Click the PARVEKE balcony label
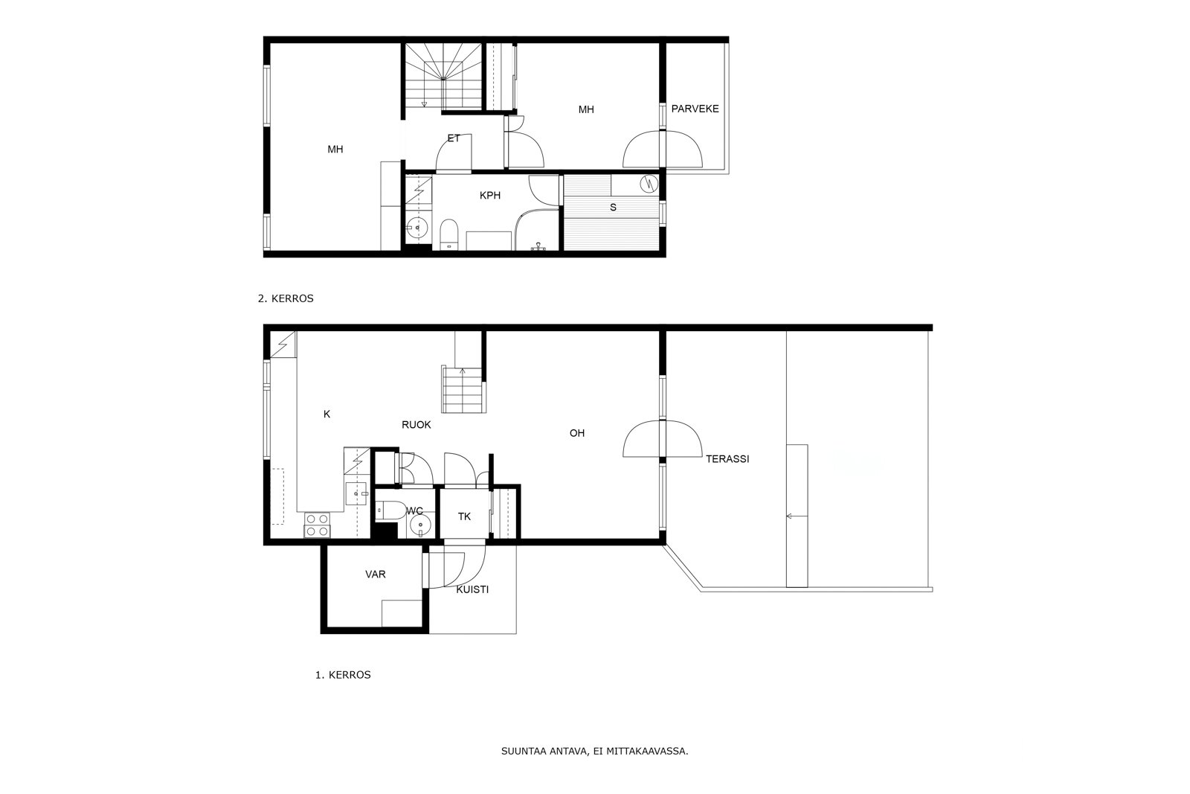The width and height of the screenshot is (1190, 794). [695, 109]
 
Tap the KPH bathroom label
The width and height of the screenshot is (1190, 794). [490, 196]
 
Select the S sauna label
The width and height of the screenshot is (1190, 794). [613, 208]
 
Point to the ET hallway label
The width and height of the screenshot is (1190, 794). [454, 138]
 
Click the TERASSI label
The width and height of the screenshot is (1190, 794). [727, 459]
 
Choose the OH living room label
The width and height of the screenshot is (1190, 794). [577, 433]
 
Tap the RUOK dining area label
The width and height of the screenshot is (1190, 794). [416, 425]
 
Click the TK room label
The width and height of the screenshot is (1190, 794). [464, 516]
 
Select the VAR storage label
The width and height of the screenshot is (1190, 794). [375, 574]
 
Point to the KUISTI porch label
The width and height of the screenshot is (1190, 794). [472, 589]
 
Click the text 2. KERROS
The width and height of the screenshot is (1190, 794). [286, 298]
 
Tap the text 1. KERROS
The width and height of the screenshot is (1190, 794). [343, 675]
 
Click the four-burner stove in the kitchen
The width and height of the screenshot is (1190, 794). [317, 525]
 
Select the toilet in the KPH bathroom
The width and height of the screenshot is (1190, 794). [449, 234]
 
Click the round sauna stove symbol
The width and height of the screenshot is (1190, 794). [649, 184]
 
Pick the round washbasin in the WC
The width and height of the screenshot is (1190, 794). [420, 525]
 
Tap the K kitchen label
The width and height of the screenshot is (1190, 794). [327, 414]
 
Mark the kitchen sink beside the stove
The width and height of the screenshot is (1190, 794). [356, 493]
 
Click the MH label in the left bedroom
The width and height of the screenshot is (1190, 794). [335, 150]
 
